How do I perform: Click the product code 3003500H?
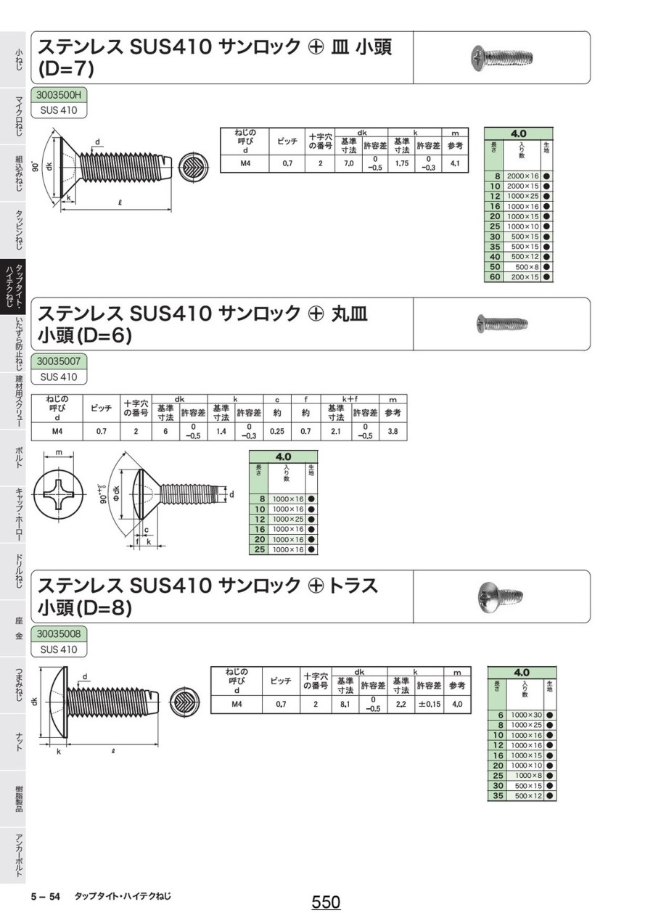tap(59, 94)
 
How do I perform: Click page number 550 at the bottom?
tap(326, 902)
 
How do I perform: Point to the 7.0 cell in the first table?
tap(348, 164)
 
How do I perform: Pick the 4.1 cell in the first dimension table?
tap(455, 164)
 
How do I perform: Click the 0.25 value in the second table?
tap(276, 431)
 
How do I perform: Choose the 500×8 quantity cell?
tap(524, 267)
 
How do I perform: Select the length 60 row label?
tap(496, 277)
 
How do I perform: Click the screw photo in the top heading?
tap(501, 57)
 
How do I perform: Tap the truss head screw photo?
tap(501, 596)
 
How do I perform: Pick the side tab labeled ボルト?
tap(17, 457)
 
